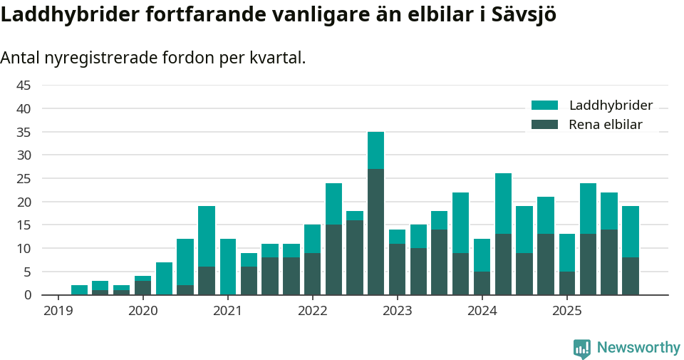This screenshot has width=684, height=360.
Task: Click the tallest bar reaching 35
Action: coord(375,213)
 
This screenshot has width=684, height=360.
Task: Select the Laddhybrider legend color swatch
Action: coord(545,106)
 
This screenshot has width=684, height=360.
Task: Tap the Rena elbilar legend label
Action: coord(606,125)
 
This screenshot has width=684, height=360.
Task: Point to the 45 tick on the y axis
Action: coord(24,86)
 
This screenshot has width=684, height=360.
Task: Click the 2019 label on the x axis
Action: coord(58,311)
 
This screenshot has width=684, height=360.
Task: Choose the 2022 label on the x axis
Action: coord(312,311)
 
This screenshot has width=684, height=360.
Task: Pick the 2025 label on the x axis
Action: coord(567,311)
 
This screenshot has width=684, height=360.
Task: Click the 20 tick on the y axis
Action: coord(24,202)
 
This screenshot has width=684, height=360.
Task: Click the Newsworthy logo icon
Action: coord(581,348)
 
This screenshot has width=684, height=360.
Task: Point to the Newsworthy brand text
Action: coord(638,348)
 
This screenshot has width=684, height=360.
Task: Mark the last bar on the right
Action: coord(631,250)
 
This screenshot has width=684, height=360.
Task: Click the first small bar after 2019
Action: coord(79,290)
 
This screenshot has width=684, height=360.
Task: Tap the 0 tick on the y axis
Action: coord(28,295)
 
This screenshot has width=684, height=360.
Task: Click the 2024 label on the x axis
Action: coord(482,311)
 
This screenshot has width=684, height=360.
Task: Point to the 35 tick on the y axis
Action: coord(24,132)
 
